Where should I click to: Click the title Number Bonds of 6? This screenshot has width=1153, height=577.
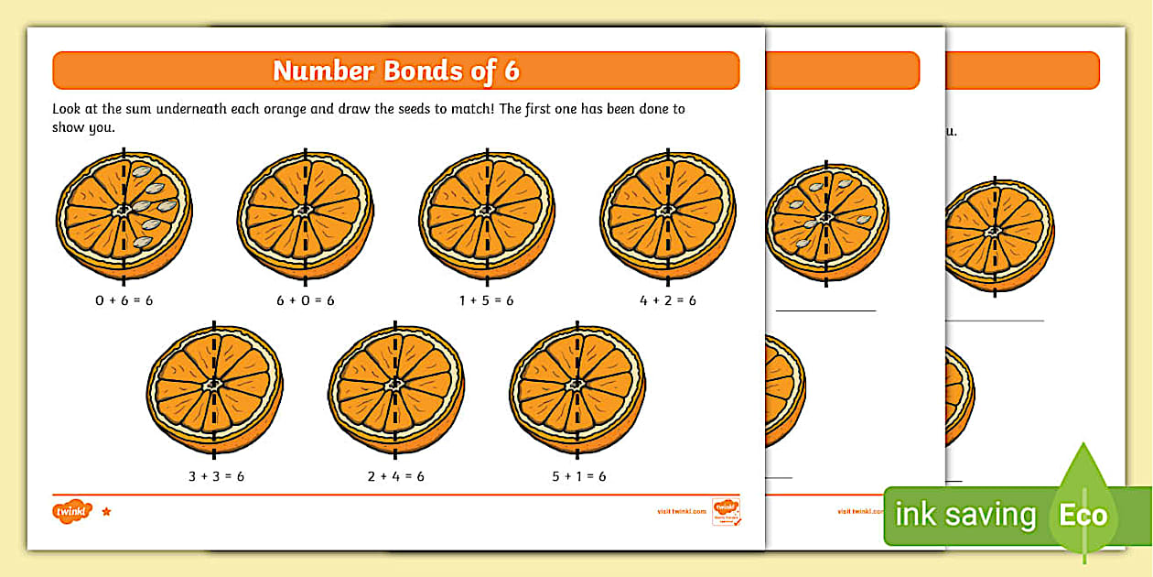coord(395,71)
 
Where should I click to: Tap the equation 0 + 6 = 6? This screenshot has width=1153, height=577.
coord(124,300)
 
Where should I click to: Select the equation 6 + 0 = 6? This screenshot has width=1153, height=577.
coord(305,300)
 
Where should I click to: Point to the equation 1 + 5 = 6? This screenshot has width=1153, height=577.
coord(486,300)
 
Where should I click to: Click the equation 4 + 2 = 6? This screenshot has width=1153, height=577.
coord(668,300)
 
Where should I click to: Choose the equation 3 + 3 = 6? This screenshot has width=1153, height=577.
coord(215,476)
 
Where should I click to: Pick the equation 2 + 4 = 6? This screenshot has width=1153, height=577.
coord(396,476)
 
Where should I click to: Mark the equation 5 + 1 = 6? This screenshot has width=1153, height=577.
coord(577,476)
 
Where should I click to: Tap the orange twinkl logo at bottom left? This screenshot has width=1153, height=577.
coord(73,511)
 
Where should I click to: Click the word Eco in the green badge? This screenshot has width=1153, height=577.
coord(1083,515)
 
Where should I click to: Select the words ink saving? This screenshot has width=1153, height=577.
coord(964,515)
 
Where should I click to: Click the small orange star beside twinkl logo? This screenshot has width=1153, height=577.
coord(106,511)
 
